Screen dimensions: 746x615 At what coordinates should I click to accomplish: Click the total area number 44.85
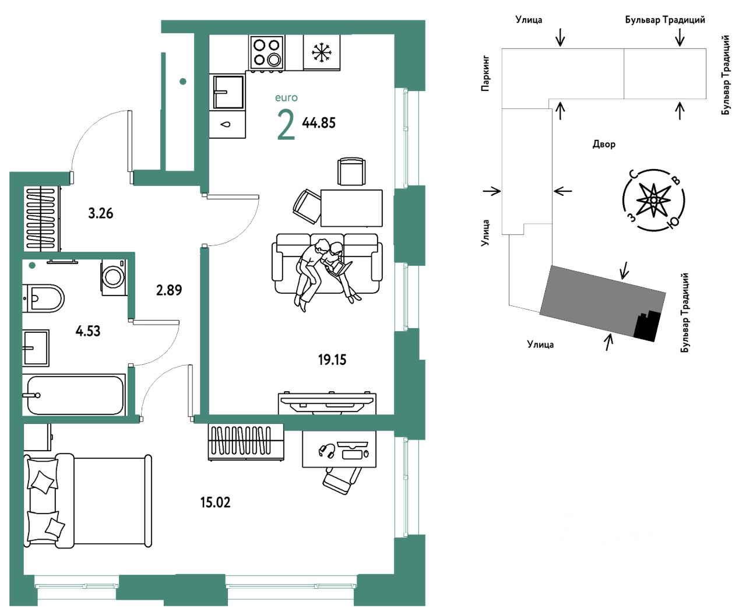[319, 123]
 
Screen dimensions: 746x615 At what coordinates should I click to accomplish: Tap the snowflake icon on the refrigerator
[322, 52]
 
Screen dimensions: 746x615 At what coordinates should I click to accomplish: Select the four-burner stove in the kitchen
[267, 52]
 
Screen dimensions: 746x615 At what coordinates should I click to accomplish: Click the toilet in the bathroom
[43, 298]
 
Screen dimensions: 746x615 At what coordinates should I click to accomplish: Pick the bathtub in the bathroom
[75, 395]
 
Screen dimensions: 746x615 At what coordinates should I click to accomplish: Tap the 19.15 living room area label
[332, 360]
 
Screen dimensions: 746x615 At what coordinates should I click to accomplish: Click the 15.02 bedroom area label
[216, 503]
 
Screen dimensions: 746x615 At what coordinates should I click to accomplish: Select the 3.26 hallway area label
[101, 214]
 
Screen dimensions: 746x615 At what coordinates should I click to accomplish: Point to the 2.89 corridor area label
[169, 290]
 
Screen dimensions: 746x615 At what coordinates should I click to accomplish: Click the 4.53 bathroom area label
[88, 331]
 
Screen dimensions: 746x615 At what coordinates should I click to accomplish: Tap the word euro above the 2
[286, 98]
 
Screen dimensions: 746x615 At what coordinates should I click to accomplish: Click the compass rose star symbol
[653, 200]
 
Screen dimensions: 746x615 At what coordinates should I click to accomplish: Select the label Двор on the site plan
[604, 145]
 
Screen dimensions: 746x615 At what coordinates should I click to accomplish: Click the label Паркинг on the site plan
[485, 73]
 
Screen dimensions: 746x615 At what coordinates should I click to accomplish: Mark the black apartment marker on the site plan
[647, 326]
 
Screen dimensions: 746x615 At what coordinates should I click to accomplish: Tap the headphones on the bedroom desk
[326, 451]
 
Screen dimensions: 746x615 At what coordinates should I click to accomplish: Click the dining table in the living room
[351, 208]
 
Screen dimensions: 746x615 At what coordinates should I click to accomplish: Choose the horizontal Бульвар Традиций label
[665, 20]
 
